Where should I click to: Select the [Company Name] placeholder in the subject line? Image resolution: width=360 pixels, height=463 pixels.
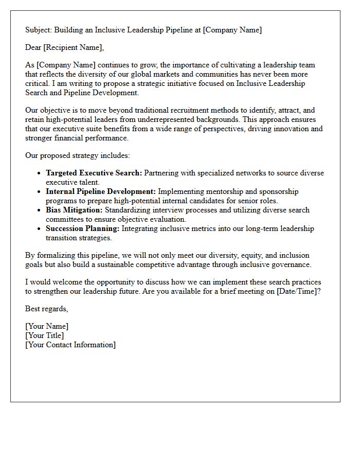click(x=232, y=30)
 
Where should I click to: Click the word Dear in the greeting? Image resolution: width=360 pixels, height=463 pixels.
click(x=33, y=48)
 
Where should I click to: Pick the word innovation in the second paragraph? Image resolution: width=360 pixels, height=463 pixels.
click(x=292, y=129)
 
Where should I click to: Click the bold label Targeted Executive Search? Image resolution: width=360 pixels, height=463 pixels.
click(x=93, y=173)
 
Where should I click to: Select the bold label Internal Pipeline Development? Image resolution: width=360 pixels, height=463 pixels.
click(x=101, y=192)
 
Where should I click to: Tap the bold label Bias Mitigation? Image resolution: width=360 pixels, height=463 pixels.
click(x=74, y=210)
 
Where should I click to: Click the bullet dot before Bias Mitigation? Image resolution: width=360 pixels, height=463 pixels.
click(x=39, y=210)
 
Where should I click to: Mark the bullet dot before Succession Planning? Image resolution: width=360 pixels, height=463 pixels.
click(x=39, y=229)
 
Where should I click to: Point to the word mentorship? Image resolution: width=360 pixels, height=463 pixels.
click(x=226, y=192)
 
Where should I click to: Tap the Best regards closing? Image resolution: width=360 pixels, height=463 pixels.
click(x=46, y=309)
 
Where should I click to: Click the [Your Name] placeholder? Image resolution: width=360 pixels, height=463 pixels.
click(x=47, y=327)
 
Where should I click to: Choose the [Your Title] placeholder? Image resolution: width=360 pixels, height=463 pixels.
click(x=45, y=336)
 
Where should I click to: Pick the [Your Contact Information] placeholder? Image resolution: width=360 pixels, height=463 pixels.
click(x=70, y=345)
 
